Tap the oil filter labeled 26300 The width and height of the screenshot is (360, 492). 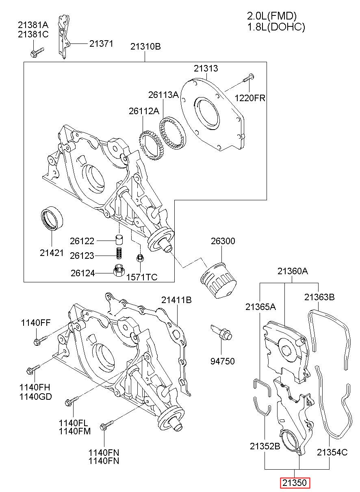(x=218, y=280)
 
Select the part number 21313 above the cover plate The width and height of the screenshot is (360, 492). (x=206, y=68)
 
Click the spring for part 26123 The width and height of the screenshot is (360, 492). (x=119, y=253)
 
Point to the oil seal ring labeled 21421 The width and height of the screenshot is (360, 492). (x=52, y=219)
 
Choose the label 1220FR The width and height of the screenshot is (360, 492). (x=250, y=98)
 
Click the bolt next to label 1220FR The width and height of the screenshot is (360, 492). (x=248, y=78)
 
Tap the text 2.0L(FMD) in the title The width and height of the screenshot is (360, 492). (x=272, y=16)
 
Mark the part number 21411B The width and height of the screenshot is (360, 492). (x=176, y=300)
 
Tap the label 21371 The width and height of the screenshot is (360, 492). (x=101, y=44)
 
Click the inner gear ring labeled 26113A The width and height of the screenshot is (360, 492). (x=172, y=132)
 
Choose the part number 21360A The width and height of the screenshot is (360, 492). (x=293, y=271)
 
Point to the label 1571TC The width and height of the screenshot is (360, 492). (x=142, y=277)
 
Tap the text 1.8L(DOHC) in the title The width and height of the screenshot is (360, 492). (x=276, y=27)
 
